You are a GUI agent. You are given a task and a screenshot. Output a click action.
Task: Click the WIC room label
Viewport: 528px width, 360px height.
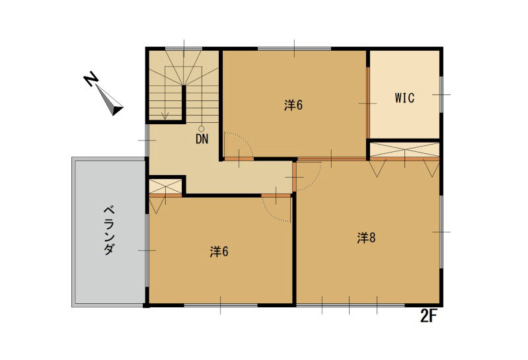404,98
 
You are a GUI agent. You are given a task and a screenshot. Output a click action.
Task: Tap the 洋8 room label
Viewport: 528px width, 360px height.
367,238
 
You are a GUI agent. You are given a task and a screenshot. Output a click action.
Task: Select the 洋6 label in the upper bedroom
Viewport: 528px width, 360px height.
293,105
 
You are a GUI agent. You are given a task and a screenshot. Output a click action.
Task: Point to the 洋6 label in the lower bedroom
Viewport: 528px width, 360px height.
219,252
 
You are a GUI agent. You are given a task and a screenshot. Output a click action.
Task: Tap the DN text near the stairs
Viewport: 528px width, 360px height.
202,139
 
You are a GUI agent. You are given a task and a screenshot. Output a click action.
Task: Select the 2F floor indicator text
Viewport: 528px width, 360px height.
429,316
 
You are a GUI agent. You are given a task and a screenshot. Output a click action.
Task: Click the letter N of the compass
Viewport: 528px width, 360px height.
91,80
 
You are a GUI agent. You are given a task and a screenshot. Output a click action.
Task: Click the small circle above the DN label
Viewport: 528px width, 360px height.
202,129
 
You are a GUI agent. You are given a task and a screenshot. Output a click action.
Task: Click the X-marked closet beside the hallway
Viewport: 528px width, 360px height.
165,186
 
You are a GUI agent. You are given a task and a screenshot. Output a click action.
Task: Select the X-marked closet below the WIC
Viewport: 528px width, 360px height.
403,149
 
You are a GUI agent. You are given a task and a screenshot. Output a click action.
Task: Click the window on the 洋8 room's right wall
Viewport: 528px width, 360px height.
441,232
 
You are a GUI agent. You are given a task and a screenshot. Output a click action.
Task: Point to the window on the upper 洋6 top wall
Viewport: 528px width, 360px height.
294,48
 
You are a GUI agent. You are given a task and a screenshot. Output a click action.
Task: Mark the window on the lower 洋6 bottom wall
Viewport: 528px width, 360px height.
220,305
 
